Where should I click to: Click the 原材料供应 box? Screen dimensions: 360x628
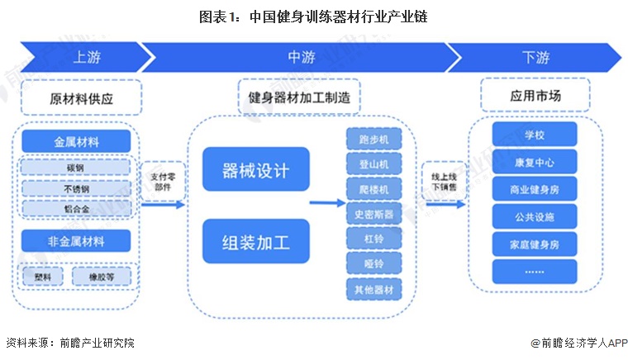81,97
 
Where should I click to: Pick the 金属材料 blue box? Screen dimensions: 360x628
76,141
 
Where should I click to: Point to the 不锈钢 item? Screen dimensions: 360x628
76,187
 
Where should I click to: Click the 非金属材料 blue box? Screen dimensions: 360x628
76,241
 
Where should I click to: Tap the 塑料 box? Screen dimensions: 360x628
43,277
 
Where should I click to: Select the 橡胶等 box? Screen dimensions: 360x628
101,277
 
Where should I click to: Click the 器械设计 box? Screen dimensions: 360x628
255,171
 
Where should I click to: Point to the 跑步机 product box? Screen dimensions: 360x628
373,140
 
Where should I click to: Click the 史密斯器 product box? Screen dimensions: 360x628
373,215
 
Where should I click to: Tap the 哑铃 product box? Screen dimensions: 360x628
373,264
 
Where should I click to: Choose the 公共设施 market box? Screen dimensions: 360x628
535,216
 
